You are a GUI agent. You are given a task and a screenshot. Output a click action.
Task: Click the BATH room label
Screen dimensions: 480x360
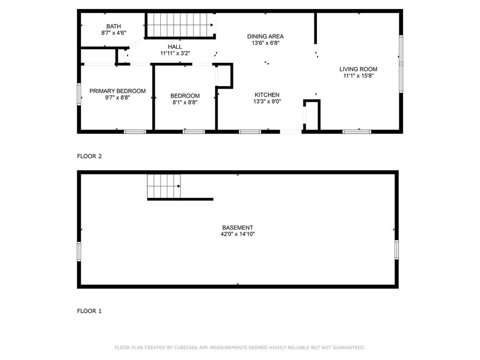pos(113,26)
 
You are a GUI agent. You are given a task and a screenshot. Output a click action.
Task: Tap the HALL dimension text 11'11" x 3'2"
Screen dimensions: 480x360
pos(175,53)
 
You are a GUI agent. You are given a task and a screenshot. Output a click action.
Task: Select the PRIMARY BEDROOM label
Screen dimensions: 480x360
pos(118,91)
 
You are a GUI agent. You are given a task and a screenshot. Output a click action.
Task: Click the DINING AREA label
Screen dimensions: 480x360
pos(265,37)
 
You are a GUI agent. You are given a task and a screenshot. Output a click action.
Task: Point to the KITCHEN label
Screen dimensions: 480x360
pos(267,95)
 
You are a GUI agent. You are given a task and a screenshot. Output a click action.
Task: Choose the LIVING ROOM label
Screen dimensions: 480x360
pos(358,69)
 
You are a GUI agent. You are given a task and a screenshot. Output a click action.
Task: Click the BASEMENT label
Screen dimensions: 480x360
pos(238,228)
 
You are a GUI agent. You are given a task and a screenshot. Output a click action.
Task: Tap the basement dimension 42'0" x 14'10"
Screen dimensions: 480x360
pos(238,234)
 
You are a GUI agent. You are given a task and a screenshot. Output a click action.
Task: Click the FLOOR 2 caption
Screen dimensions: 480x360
pos(90,156)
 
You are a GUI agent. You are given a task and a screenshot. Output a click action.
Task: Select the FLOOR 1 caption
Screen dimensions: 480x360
pos(89,311)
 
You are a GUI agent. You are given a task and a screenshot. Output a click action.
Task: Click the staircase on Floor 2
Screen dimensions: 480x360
pos(180,25)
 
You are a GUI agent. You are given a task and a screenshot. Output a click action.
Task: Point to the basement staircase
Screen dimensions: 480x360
pos(164,186)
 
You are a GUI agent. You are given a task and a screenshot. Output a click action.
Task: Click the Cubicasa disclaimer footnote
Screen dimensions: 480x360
pos(240,347)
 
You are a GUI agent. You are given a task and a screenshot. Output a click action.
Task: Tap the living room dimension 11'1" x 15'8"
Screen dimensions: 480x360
pos(358,75)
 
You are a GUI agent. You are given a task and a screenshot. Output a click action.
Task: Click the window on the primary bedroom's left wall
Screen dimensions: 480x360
pos(79,94)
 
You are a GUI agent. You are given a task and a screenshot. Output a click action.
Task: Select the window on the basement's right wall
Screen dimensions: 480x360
pos(397,250)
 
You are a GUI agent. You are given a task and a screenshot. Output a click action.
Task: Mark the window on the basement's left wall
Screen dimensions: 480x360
pos(79,252)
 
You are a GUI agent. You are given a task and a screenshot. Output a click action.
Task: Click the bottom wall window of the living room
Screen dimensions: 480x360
pos(357,132)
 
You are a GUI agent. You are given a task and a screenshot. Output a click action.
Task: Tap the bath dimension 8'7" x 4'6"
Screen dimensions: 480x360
pos(113,33)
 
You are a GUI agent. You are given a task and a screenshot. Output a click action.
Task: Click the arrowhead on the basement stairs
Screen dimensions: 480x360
pos(179,186)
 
